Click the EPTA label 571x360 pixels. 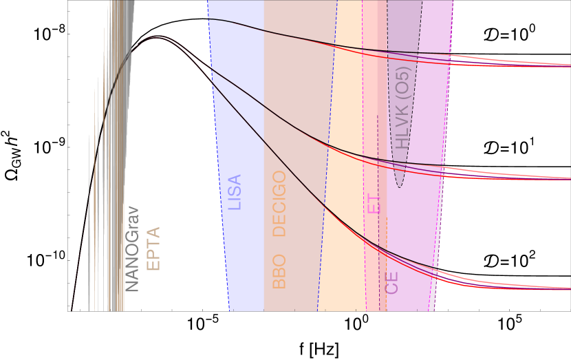tap(153, 248)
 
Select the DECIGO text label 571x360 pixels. tap(279, 204)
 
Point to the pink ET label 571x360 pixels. tap(373, 204)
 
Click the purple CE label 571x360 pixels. tap(392, 282)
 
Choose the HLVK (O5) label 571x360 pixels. tap(403, 109)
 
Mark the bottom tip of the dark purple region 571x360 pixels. tap(400, 187)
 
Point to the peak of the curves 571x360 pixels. tap(156, 37)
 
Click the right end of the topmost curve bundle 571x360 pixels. tap(568, 65)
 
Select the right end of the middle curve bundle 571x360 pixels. tap(568, 178)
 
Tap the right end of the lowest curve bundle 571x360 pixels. tap(568, 288)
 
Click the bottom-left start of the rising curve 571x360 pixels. tap(72, 310)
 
